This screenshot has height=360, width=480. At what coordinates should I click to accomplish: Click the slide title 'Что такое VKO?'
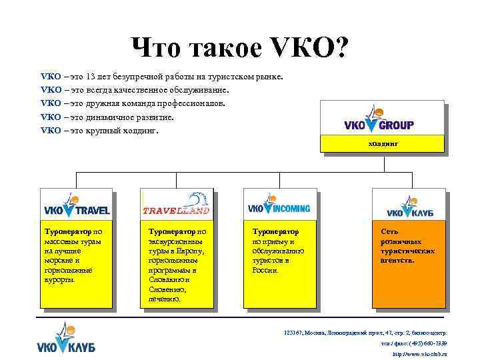tap(239, 47)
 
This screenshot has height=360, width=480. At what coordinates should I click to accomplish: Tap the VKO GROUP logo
tap(379, 120)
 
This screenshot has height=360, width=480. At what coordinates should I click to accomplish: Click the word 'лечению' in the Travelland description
tap(164, 300)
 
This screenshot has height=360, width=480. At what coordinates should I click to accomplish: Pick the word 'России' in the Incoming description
tap(265, 270)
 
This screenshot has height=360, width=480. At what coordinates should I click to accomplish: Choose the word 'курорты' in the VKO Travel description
tap(59, 280)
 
